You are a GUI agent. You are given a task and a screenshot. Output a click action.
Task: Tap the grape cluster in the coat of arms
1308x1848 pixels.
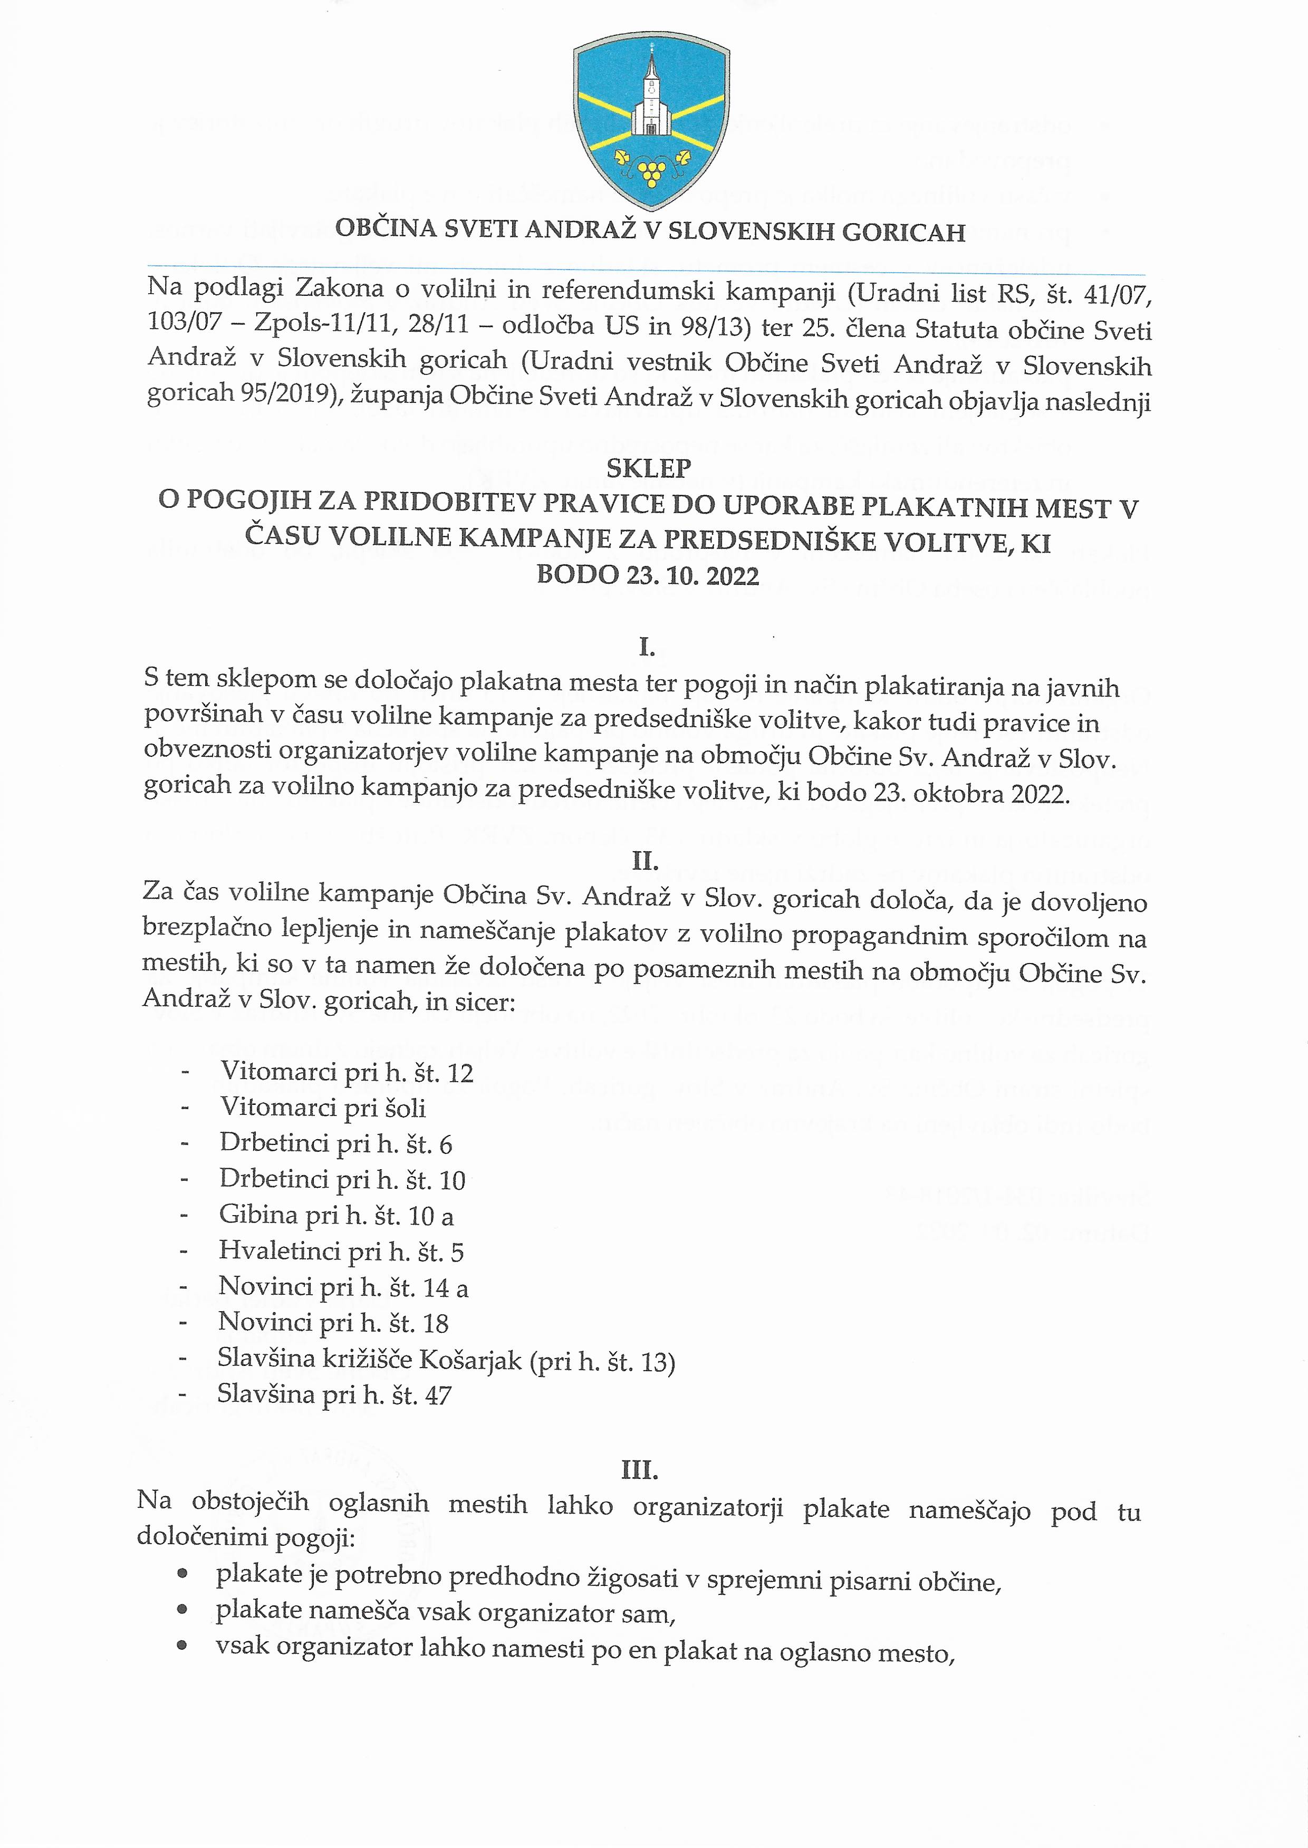pyautogui.click(x=651, y=171)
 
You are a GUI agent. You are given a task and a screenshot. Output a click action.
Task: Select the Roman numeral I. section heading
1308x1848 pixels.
pyautogui.click(x=646, y=647)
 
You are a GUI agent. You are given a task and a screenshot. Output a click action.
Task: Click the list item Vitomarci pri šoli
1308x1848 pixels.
pyautogui.click(x=323, y=1108)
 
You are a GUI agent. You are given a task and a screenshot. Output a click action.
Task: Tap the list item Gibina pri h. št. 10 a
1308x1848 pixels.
pyautogui.click(x=336, y=1215)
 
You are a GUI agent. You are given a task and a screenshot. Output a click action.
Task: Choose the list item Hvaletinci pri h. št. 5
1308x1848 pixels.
pyautogui.click(x=341, y=1252)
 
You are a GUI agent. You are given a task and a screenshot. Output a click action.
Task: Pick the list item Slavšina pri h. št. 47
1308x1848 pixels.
pyautogui.click(x=334, y=1394)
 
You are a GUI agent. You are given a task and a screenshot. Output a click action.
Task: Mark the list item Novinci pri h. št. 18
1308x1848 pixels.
pyautogui.click(x=333, y=1323)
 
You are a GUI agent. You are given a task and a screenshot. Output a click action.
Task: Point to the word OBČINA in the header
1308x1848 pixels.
pyautogui.click(x=387, y=229)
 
